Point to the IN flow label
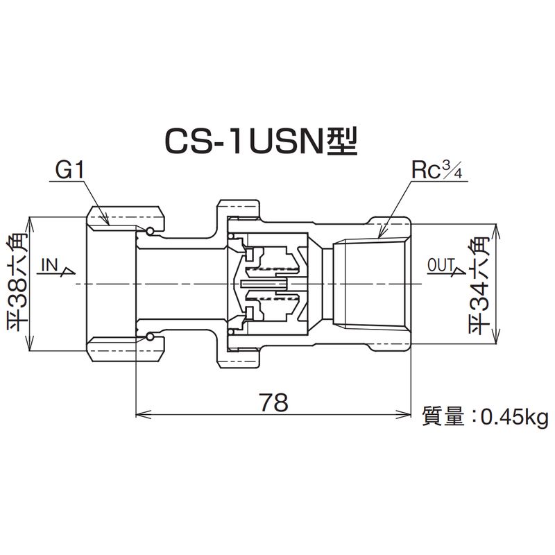tap(49, 264)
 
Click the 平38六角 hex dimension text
tap(15, 285)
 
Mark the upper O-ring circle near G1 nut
tap(151, 230)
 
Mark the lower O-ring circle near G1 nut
tap(151, 338)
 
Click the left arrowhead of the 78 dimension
tap(139, 416)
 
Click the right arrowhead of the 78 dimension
tap(409, 416)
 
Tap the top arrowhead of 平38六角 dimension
tap(29, 223)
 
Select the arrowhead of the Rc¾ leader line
tap(381, 237)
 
